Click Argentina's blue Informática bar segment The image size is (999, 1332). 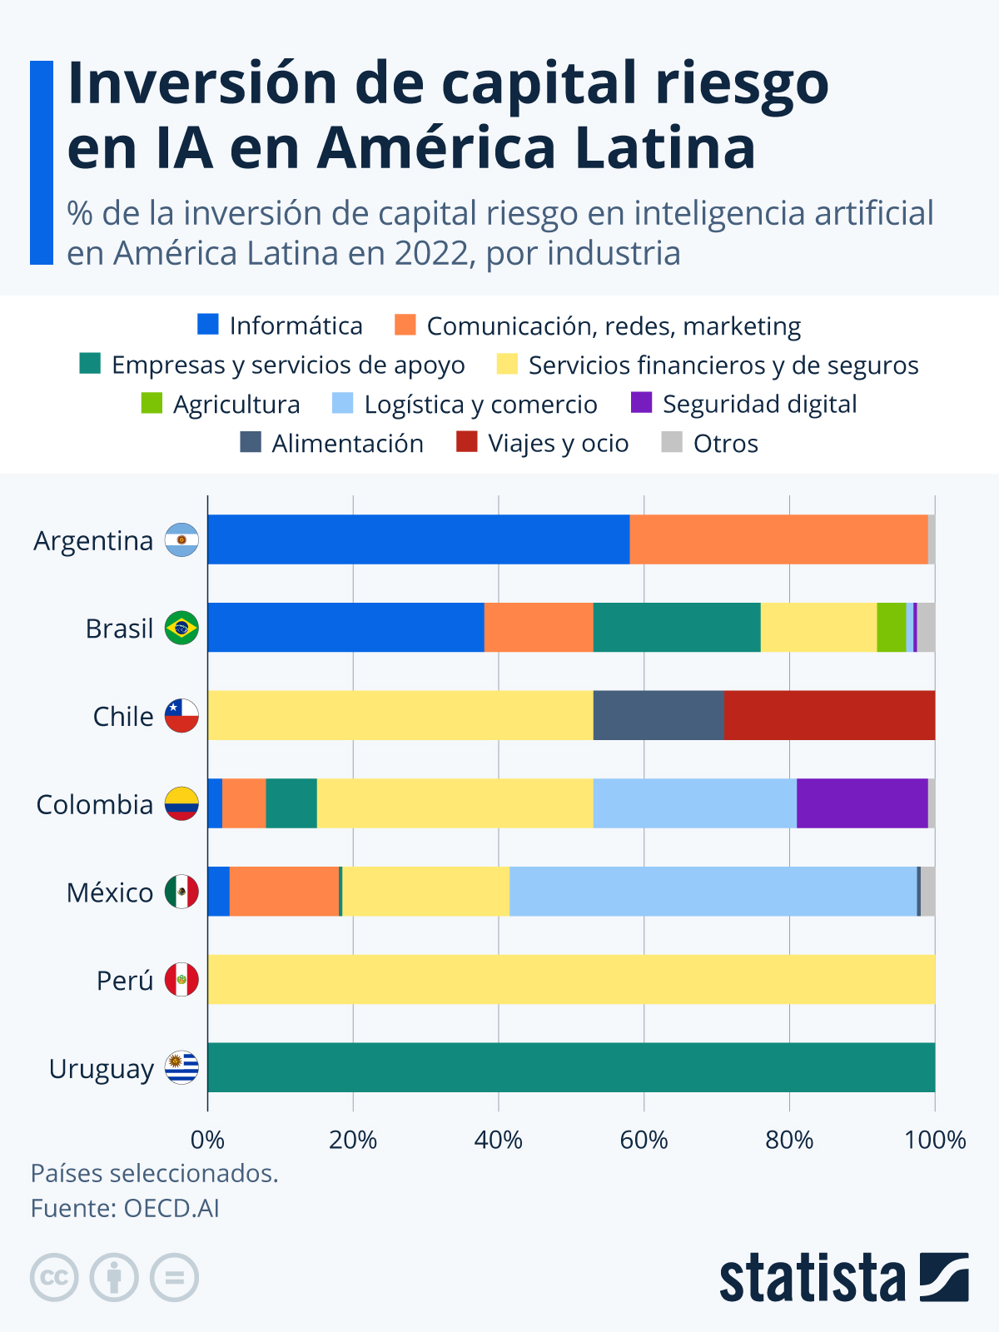[418, 539]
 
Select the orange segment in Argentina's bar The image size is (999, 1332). [778, 539]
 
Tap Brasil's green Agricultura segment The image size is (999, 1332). [891, 627]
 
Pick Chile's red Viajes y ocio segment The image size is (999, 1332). [829, 715]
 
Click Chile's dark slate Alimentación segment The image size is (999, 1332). [659, 715]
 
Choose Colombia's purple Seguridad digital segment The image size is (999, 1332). [862, 803]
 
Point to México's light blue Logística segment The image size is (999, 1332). [713, 891]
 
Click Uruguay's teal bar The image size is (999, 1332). [571, 1067]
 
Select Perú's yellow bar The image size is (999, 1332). [571, 979]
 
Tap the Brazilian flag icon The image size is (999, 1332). [181, 628]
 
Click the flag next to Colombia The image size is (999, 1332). [181, 803]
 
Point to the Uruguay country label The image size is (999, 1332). [101, 1068]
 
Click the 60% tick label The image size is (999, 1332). [644, 1140]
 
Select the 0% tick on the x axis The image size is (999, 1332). [207, 1140]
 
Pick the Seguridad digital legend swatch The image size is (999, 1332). [641, 403]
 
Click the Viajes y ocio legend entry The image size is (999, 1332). [558, 443]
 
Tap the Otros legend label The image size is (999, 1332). [725, 443]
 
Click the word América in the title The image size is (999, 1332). [436, 148]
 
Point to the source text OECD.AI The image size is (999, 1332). [171, 1208]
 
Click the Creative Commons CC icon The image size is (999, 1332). [54, 1277]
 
